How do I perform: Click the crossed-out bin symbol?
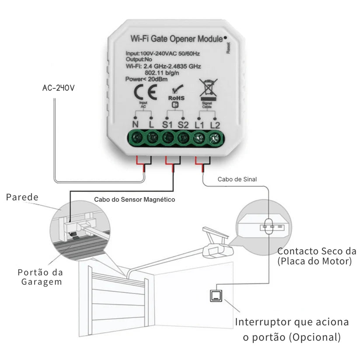(x=207, y=89)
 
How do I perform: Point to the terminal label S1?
(x=168, y=124)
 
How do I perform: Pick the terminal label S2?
(x=183, y=124)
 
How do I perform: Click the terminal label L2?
(x=215, y=124)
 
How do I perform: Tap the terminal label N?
(x=136, y=124)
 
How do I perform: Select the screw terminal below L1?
(x=199, y=139)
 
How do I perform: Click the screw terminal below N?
(x=136, y=139)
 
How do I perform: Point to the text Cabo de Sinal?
(x=237, y=179)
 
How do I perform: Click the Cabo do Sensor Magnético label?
(x=135, y=199)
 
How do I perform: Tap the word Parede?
(x=22, y=197)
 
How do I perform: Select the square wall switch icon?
(x=216, y=297)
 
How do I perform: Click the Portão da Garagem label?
(x=41, y=277)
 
